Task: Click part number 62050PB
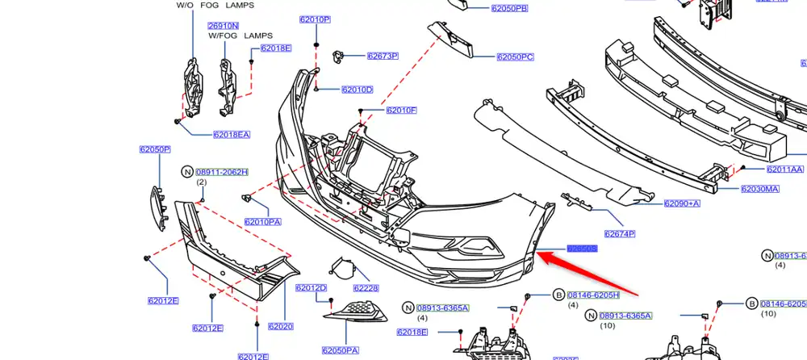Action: point(509,9)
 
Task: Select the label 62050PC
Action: point(516,57)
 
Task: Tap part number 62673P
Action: point(383,57)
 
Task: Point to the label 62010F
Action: point(401,110)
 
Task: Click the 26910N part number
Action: point(223,25)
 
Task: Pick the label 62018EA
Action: point(232,135)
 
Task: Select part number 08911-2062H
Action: point(222,172)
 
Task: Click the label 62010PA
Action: point(262,222)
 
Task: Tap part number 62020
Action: point(280,326)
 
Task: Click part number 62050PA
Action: point(340,350)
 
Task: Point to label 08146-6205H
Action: point(594,295)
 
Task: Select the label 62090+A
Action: point(682,203)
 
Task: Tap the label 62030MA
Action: point(760,189)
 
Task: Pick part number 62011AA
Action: point(785,170)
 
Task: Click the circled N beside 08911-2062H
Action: point(187,172)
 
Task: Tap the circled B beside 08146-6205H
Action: point(558,295)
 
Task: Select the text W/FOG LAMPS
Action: point(240,36)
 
